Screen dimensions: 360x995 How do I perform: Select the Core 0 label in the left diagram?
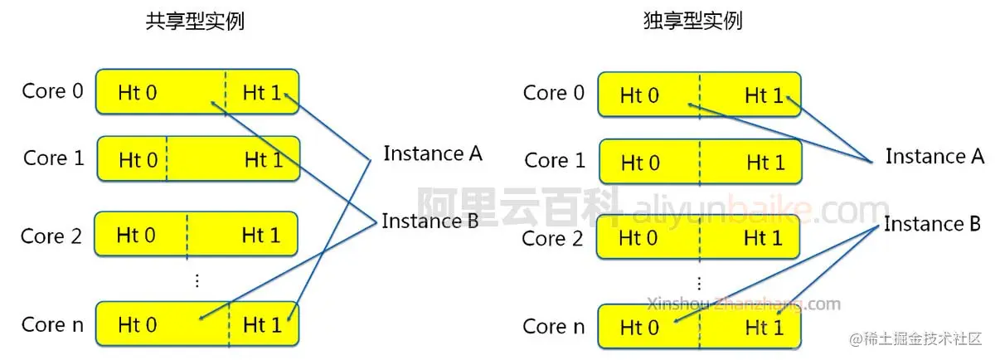(53, 90)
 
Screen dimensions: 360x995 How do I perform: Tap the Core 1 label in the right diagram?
(555, 160)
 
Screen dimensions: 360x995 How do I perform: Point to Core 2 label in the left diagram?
(51, 236)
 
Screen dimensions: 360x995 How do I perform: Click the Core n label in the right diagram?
(553, 326)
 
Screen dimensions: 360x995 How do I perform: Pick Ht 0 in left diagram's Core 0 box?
(138, 93)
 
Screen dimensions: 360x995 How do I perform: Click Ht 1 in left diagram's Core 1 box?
(263, 160)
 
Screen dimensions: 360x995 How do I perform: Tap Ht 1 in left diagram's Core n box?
(262, 325)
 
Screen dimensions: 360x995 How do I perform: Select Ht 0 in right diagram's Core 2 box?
(639, 239)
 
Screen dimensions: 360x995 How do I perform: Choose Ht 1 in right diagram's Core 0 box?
(764, 96)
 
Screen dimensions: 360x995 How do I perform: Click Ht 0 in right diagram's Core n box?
(639, 328)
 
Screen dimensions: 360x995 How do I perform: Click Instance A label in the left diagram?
(432, 153)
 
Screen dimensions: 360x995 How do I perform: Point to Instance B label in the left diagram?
(430, 221)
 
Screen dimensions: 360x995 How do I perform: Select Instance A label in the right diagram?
(934, 156)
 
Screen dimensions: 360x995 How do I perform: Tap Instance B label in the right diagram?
(933, 224)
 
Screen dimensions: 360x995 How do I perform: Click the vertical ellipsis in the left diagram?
(197, 280)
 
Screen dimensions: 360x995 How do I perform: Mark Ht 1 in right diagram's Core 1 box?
(764, 163)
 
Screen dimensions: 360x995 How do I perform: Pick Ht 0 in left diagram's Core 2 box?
(137, 236)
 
